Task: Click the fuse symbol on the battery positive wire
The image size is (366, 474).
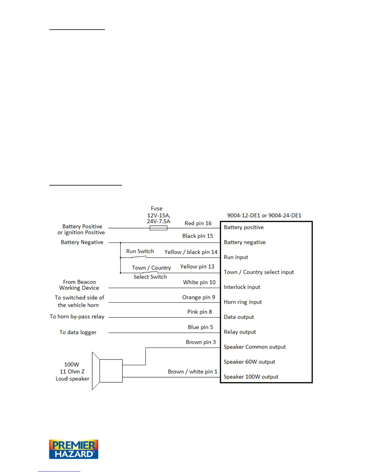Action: [x=158, y=228]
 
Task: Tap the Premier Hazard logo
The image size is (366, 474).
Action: [x=74, y=449]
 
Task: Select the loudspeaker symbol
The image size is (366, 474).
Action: [x=107, y=371]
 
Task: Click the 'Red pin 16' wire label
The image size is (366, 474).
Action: [x=198, y=223]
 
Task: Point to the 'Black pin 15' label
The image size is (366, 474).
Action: [x=198, y=236]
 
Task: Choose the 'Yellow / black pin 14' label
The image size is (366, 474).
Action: [x=191, y=252]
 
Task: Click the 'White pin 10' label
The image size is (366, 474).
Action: [x=199, y=282]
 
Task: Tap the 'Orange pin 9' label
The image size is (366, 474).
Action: [x=199, y=297]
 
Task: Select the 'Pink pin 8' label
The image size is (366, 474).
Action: [x=199, y=312]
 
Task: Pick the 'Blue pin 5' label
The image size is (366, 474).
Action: [x=200, y=327]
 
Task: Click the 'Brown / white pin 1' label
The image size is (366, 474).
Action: [x=192, y=371]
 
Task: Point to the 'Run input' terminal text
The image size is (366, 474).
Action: [x=236, y=257]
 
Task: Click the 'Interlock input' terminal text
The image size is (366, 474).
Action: [x=242, y=287]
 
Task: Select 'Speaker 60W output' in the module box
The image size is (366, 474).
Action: [x=249, y=362]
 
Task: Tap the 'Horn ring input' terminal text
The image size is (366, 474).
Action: [x=243, y=302]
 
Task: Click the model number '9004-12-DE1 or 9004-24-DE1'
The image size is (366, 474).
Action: [x=264, y=215]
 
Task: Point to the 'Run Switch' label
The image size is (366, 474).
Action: [x=140, y=251]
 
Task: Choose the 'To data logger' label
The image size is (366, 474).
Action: [x=78, y=332]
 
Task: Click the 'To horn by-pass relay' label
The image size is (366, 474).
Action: [x=77, y=317]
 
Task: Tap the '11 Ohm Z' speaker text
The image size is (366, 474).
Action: [x=72, y=371]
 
